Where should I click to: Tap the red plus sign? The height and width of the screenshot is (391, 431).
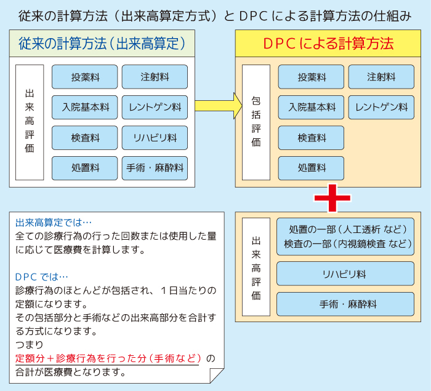(332, 197)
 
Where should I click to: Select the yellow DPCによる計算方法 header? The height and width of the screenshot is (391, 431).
(328, 44)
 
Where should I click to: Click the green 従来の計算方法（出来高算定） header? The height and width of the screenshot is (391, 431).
(102, 44)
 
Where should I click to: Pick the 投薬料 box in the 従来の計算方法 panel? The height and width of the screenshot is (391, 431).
(84, 77)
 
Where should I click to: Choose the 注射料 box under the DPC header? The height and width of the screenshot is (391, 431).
(381, 77)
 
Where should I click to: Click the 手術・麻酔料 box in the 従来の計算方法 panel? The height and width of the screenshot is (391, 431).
(155, 168)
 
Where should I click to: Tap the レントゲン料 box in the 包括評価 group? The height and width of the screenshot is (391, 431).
(381, 107)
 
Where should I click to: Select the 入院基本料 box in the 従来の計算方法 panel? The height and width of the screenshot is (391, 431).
(84, 107)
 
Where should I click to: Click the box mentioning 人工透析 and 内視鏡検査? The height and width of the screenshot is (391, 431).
(345, 237)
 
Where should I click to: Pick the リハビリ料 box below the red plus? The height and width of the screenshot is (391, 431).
(345, 274)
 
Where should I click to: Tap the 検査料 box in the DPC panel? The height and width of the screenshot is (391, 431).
(311, 138)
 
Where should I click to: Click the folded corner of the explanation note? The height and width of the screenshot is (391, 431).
(217, 375)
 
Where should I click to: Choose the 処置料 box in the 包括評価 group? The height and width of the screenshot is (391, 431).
(311, 168)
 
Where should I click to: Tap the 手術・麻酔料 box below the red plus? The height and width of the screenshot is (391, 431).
(345, 304)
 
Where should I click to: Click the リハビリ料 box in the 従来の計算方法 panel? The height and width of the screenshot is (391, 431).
(155, 138)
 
